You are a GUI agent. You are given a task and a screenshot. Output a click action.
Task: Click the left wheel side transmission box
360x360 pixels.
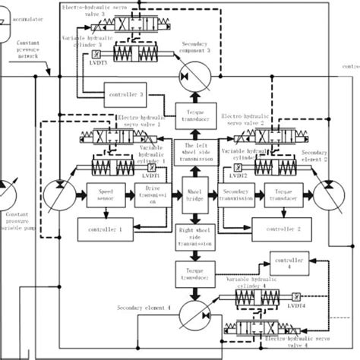tap(195, 153)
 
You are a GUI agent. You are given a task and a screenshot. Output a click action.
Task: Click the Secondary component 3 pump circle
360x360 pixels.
tap(194, 74)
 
